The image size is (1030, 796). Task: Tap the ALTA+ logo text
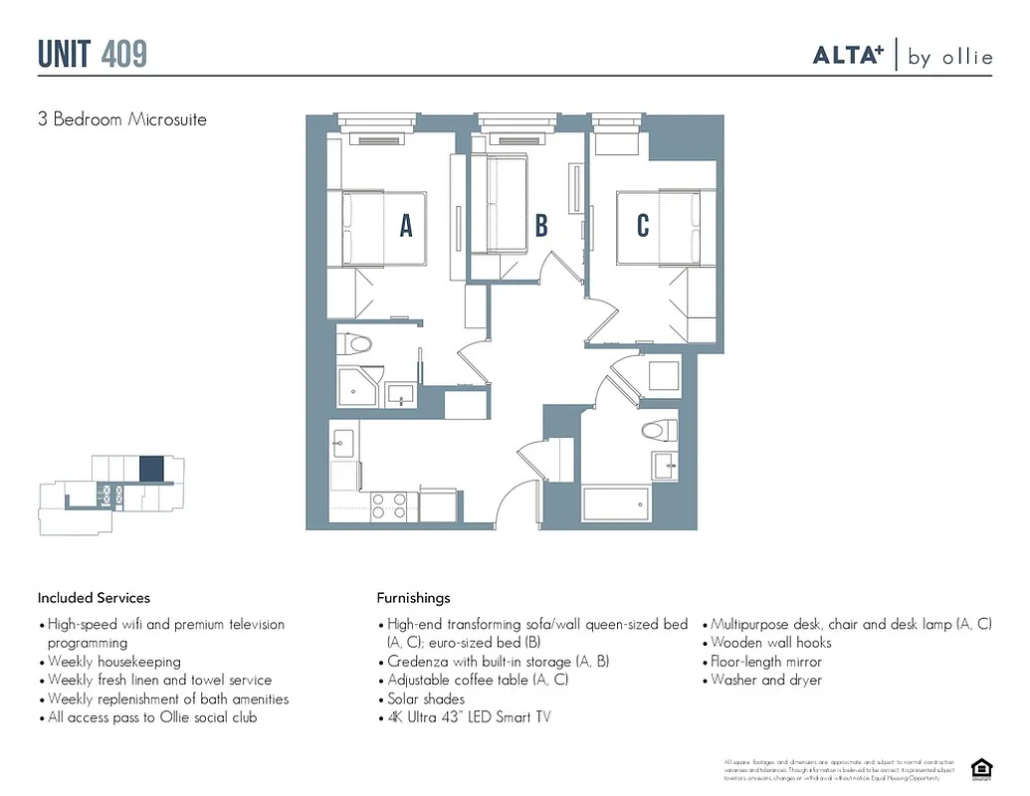(848, 56)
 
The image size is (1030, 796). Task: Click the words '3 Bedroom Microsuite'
(121, 119)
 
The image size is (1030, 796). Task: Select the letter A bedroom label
(406, 227)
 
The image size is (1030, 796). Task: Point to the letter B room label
(541, 226)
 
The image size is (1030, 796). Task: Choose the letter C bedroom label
(643, 226)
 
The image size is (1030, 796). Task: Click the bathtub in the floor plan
(616, 503)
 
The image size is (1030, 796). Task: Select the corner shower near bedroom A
(358, 386)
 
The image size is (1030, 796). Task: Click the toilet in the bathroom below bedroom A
(355, 345)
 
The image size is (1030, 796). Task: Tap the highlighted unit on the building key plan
(151, 468)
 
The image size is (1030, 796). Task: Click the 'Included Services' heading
(94, 598)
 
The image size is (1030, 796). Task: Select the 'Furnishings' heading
(413, 598)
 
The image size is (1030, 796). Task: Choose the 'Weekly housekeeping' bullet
(114, 662)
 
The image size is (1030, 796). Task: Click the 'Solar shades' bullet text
(426, 699)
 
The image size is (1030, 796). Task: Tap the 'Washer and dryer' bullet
(766, 681)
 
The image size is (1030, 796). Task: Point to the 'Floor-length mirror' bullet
(766, 662)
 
